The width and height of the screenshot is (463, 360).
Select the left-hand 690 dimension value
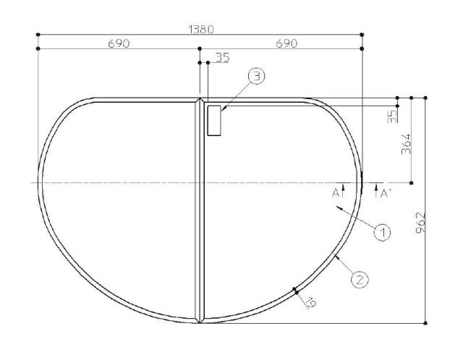119,43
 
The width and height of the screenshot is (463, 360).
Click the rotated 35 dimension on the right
392,116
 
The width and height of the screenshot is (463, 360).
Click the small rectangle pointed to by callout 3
214,120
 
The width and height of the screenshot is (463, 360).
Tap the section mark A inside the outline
336,193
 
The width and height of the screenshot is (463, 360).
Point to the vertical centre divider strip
200,210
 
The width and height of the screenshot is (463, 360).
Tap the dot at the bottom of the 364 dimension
411,183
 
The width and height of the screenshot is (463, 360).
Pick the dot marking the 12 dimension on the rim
295,290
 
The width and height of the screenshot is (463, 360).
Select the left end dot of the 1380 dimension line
37,34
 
